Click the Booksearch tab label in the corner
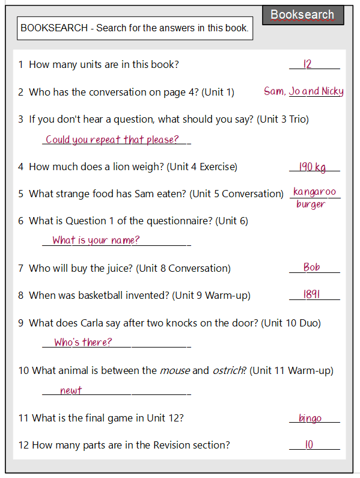tap(302, 15)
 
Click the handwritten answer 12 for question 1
tap(308, 64)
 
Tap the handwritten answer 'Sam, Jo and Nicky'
tap(304, 91)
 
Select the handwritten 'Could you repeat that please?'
tap(112, 139)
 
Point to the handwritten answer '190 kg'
tap(313, 167)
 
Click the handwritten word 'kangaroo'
tap(314, 192)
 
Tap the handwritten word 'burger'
tap(311, 204)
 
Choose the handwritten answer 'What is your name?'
tap(96, 241)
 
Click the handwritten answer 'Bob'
tap(311, 267)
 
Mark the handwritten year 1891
tap(311, 295)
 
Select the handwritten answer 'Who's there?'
tap(83, 342)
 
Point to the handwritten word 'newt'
tap(71, 390)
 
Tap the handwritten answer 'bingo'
tap(310, 418)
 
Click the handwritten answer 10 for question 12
tap(309, 445)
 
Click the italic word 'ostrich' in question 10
tap(228, 370)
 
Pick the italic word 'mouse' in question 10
tap(174, 370)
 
